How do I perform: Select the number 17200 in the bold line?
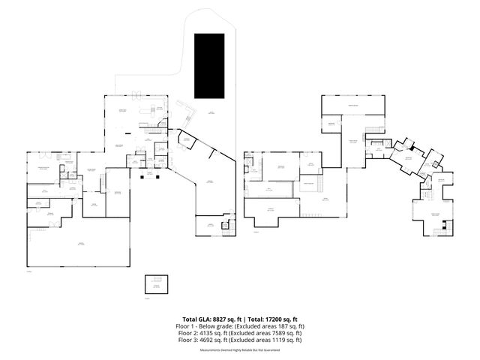[275, 319]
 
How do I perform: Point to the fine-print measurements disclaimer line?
[239, 349]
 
